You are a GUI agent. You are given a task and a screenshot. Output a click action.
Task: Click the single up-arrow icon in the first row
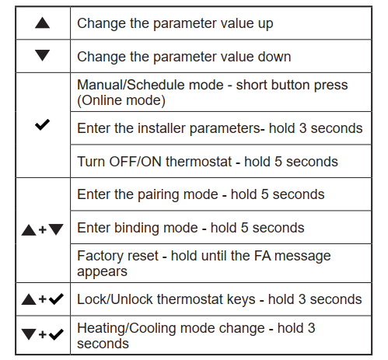tap(42, 23)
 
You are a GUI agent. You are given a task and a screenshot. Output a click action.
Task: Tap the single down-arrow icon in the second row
tap(42, 55)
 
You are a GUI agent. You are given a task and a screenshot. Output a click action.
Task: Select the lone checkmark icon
tap(42, 124)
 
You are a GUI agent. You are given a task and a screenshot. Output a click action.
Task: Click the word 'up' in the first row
tap(265, 24)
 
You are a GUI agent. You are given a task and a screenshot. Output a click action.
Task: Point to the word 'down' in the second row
tap(274, 57)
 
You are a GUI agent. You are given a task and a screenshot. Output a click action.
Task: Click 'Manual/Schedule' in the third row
tap(150, 85)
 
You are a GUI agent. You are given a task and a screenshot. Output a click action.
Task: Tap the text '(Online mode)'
tap(121, 100)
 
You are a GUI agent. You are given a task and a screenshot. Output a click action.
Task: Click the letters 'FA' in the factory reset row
tap(262, 256)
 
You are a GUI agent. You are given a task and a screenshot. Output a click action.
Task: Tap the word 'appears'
tap(102, 272)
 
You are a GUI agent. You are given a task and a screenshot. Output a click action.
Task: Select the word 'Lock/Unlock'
tap(115, 299)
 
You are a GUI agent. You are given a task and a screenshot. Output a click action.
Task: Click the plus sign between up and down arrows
tap(43, 229)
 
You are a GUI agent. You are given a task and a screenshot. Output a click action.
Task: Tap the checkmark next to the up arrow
tap(56, 299)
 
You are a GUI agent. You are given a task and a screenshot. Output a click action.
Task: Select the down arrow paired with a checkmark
tap(29, 334)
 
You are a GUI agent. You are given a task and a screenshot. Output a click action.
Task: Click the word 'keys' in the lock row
tap(241, 300)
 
